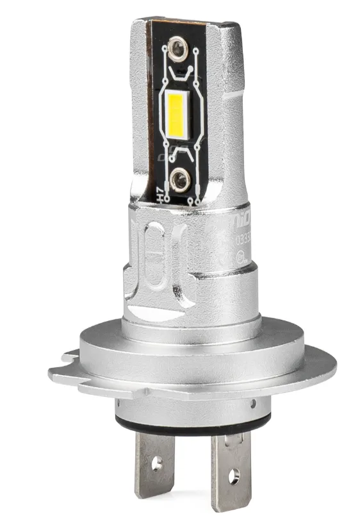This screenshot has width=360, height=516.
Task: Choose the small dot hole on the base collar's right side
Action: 254,404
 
